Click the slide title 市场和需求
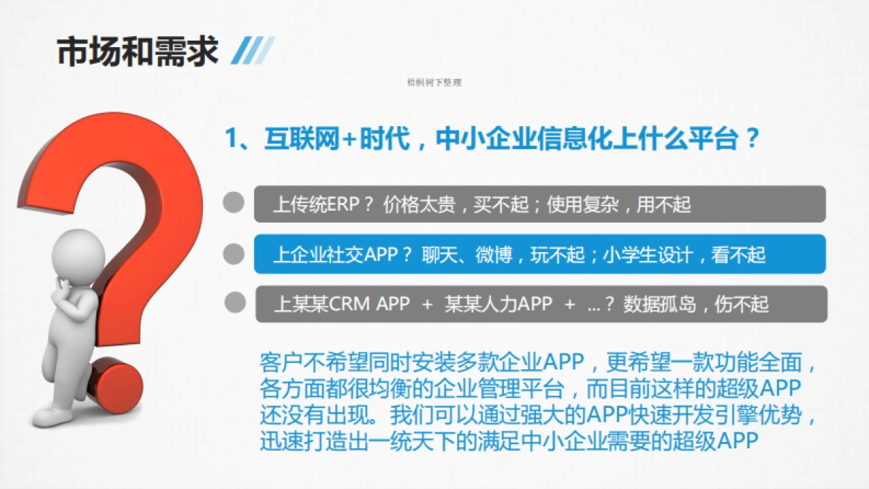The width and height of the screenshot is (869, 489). (x=137, y=51)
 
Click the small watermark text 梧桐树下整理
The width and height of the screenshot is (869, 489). (x=434, y=83)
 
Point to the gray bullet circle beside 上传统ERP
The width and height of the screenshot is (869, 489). (x=233, y=203)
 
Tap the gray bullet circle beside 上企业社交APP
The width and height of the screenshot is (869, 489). (x=233, y=253)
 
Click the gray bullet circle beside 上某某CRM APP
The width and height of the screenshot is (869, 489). (x=233, y=303)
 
